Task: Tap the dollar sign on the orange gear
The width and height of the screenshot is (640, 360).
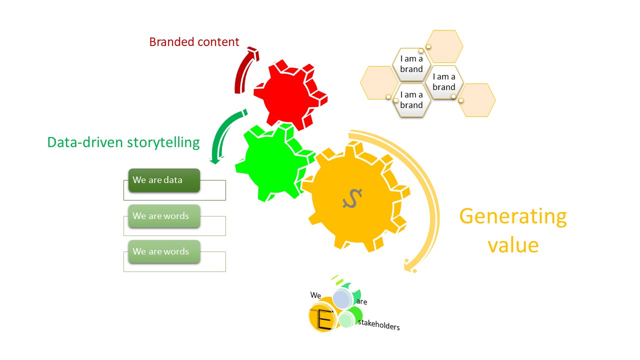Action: click(x=352, y=198)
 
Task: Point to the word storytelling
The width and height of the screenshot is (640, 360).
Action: click(x=163, y=142)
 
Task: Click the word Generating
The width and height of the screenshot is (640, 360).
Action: click(x=513, y=216)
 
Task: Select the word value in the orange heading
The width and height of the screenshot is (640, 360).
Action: click(x=513, y=245)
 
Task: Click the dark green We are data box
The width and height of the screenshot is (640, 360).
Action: click(x=164, y=180)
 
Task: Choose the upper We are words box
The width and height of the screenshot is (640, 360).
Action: click(x=164, y=216)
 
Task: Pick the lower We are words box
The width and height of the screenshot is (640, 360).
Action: click(x=164, y=251)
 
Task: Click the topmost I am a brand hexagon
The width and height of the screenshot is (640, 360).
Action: click(x=411, y=64)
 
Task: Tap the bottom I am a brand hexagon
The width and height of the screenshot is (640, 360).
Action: click(x=411, y=100)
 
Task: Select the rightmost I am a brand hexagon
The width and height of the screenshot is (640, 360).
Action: click(x=444, y=82)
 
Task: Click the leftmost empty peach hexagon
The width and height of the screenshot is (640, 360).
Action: click(x=378, y=82)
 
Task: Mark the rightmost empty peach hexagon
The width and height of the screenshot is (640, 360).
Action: click(x=477, y=100)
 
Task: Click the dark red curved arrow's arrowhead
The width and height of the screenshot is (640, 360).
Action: click(x=252, y=53)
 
